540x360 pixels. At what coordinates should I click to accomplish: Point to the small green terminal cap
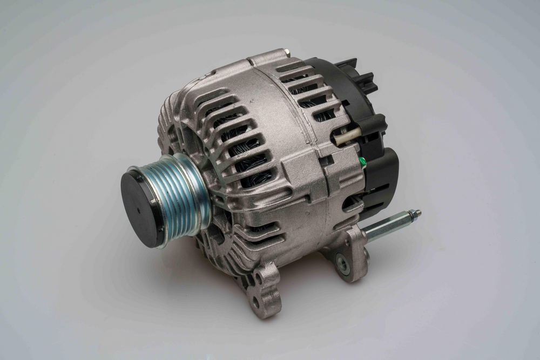[x=362, y=161]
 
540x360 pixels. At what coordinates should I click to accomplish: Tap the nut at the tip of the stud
[x=415, y=214]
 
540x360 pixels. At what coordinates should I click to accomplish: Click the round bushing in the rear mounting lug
[x=342, y=263]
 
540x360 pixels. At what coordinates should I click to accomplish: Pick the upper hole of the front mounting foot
[x=260, y=281]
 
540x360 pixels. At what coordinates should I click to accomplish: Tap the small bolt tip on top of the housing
[x=286, y=52]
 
